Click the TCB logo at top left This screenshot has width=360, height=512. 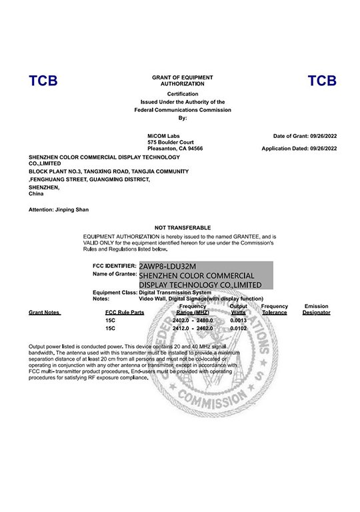click(x=43, y=81)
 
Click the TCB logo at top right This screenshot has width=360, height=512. click(x=322, y=81)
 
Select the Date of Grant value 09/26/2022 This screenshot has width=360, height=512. click(x=323, y=136)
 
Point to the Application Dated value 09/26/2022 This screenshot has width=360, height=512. click(x=323, y=149)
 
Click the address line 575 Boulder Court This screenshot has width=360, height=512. click(x=171, y=142)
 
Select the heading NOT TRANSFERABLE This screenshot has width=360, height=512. click(x=182, y=228)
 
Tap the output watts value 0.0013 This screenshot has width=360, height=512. click(x=239, y=321)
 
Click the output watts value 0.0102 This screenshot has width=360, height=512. click(x=239, y=329)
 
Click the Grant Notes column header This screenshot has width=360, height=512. click(x=44, y=312)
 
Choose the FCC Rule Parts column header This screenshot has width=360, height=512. click(x=125, y=312)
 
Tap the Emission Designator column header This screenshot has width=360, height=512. click(x=316, y=309)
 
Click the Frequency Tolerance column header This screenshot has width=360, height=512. click(x=274, y=309)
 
